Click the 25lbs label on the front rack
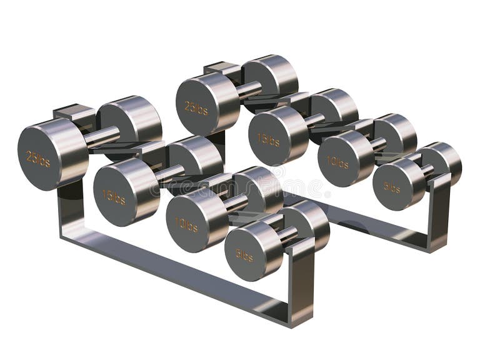pos(38,158)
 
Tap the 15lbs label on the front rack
pos(114,197)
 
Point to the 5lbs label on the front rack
pos(244,256)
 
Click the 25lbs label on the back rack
pos(196,107)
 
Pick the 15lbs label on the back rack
pos(268,139)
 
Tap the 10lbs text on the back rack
pos(337,163)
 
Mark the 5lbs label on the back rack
pos(392,186)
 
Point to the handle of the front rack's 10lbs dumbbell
pos(235,203)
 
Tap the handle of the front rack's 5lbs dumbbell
pos(287,235)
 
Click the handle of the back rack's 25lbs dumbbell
pos(248,89)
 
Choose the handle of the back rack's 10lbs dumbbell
pos(377,144)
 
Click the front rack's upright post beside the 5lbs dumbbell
pos(301,281)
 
